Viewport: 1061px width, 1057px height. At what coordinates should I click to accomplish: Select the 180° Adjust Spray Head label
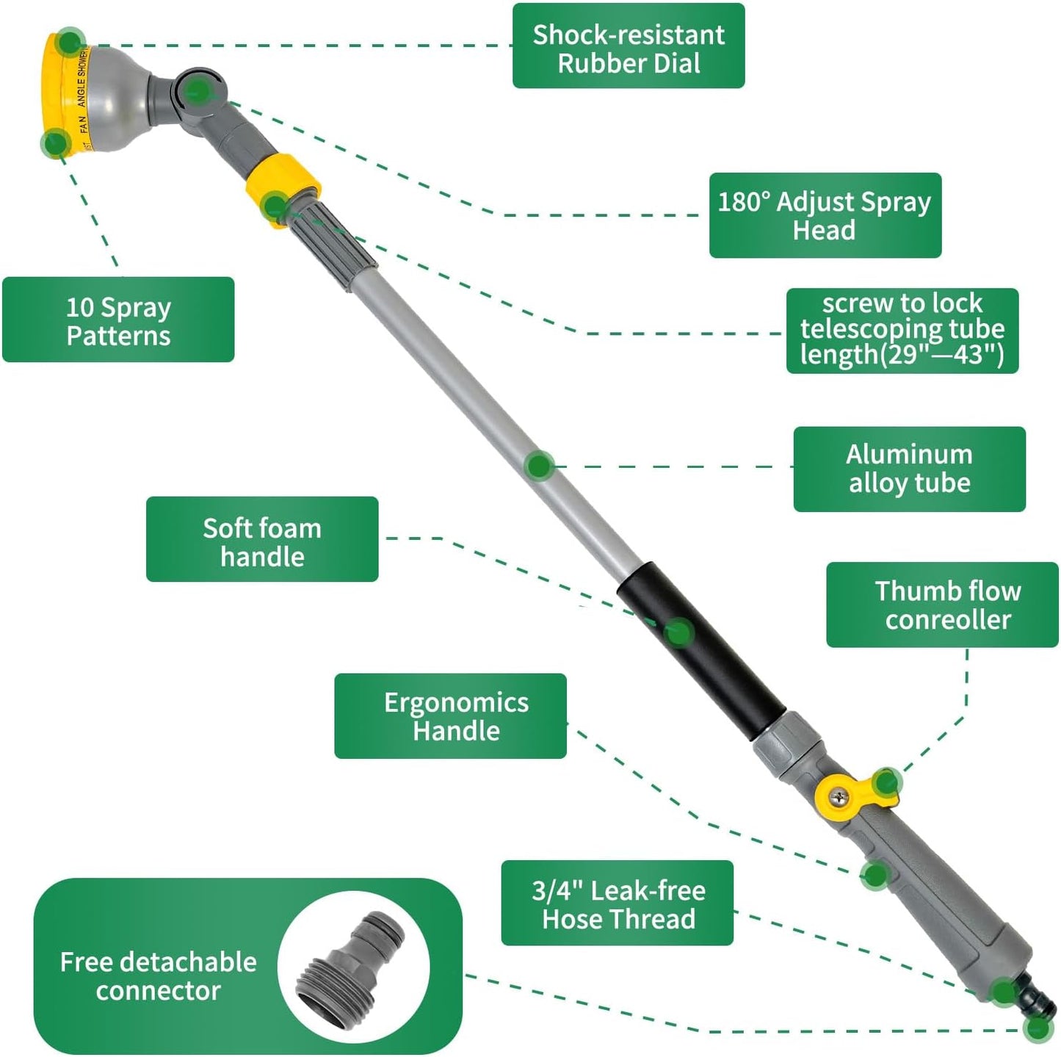pos(825,215)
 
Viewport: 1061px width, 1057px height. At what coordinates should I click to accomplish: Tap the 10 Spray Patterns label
pos(118,320)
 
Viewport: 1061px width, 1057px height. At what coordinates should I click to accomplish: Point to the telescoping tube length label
pos(902,331)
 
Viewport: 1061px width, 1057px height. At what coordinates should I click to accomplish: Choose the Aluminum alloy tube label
pos(909,469)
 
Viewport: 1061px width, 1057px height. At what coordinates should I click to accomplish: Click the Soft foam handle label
pos(262,540)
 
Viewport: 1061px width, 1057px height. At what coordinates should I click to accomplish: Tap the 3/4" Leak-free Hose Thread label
pos(617,903)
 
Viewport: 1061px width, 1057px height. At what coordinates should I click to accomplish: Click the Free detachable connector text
pos(158,975)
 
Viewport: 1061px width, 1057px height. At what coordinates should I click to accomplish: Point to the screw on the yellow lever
pos(839,794)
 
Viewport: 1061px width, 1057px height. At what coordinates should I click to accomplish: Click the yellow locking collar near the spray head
pos(283,190)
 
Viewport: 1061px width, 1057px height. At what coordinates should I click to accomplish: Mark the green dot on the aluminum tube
pos(540,466)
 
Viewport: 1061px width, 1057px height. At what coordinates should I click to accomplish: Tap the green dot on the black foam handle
pos(678,632)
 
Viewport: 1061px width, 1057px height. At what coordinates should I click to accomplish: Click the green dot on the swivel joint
pos(198,91)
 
